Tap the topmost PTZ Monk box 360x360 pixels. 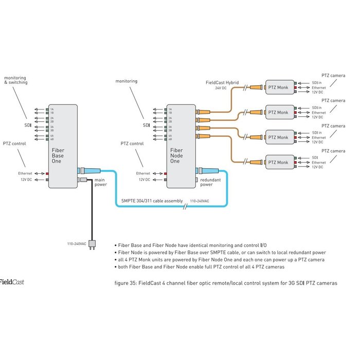point(280,88)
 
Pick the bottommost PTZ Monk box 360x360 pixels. point(280,163)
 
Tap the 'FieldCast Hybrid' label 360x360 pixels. point(223,82)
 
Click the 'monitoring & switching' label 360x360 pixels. point(15,80)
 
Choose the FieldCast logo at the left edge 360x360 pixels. point(11,282)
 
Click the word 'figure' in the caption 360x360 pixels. point(124,283)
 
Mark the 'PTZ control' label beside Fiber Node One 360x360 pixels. point(132,144)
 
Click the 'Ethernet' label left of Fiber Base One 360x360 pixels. point(25,173)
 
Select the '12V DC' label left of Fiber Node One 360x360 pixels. point(143,179)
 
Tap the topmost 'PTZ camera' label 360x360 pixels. point(333,76)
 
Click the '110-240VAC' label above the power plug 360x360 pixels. point(77,243)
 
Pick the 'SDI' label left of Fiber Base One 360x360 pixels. point(28,125)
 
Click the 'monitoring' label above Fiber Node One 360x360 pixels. point(127,82)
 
